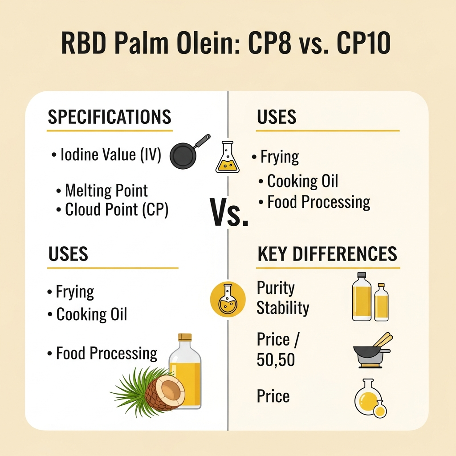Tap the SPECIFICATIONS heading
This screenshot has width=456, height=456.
pyautogui.click(x=109, y=117)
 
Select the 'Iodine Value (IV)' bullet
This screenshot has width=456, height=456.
pyautogui.click(x=110, y=155)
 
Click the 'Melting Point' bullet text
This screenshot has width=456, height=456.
pyautogui.click(x=106, y=191)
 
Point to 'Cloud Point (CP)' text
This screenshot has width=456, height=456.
pyautogui.click(x=117, y=210)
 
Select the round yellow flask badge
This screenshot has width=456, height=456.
pyautogui.click(x=228, y=299)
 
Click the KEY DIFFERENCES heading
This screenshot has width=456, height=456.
pyautogui.click(x=327, y=254)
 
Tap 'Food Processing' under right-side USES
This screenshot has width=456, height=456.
pyautogui.click(x=318, y=202)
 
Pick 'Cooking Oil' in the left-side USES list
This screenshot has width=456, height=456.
pyautogui.click(x=92, y=314)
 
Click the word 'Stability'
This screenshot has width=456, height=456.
pyautogui.click(x=283, y=308)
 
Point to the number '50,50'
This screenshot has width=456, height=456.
pyautogui.click(x=276, y=360)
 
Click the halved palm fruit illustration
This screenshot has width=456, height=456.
pyautogui.click(x=165, y=391)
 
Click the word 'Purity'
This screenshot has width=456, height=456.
pyautogui.click(x=276, y=288)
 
